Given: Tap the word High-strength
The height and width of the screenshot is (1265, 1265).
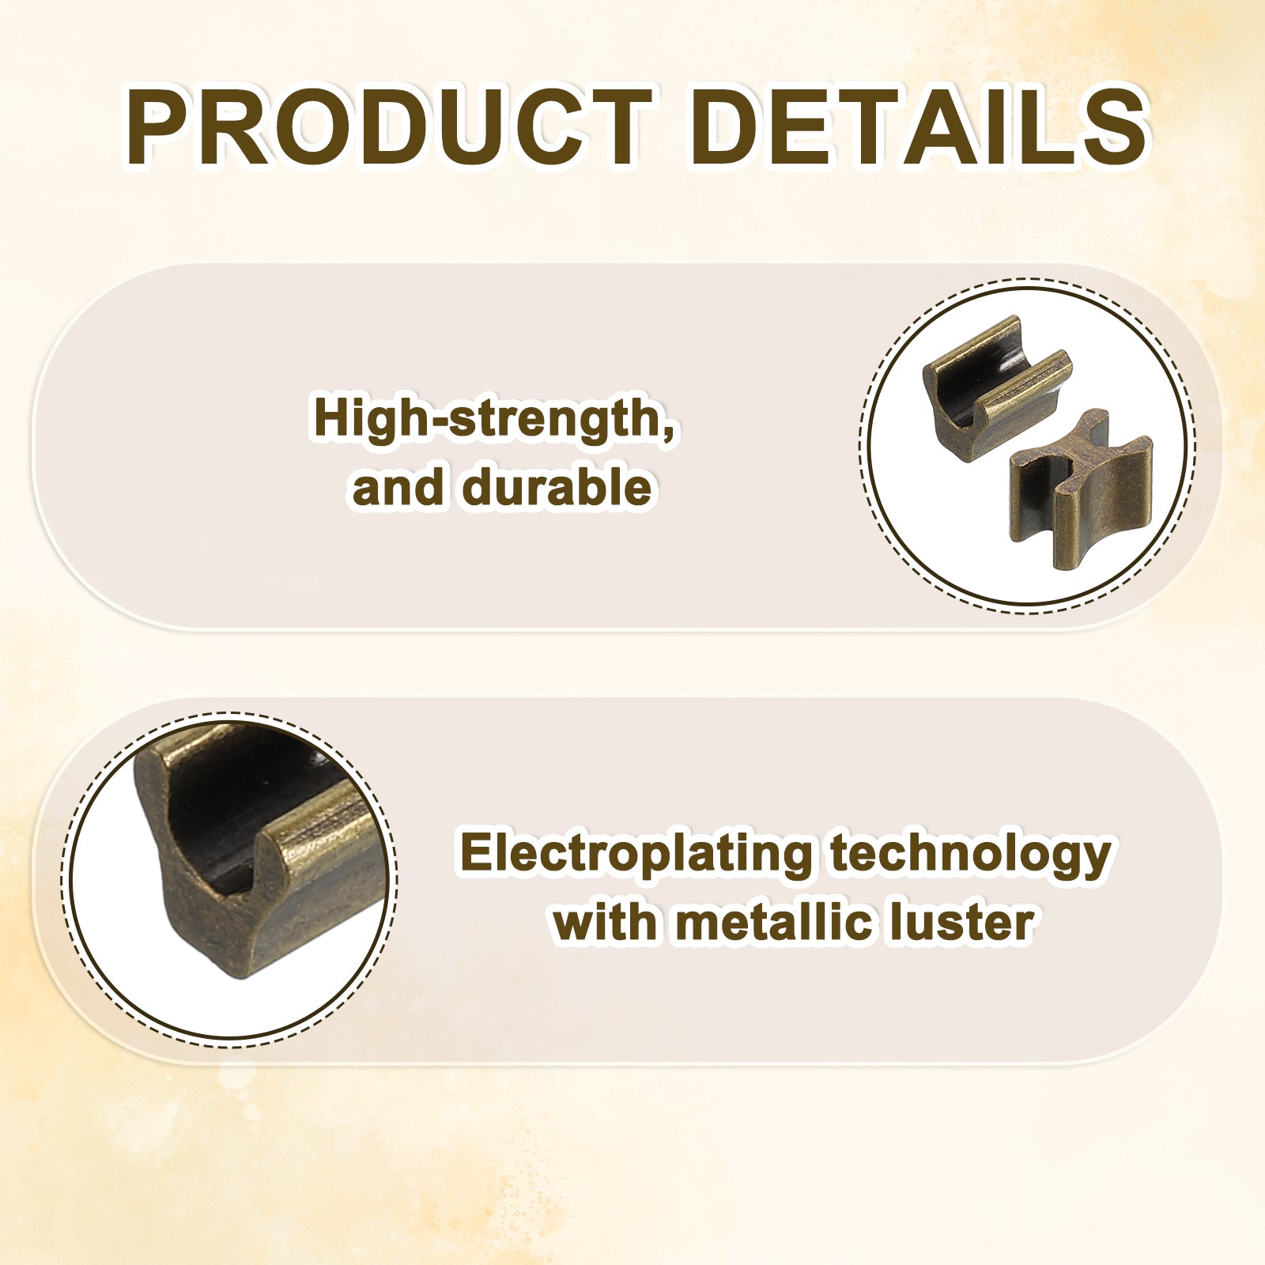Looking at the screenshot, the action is coord(489,419).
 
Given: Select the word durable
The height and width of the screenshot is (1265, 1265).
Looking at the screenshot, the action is coord(557,486).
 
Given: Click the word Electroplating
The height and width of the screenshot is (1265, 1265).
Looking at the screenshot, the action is coord(636,855).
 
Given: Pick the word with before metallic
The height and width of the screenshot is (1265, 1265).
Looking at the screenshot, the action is coord(604,922).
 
